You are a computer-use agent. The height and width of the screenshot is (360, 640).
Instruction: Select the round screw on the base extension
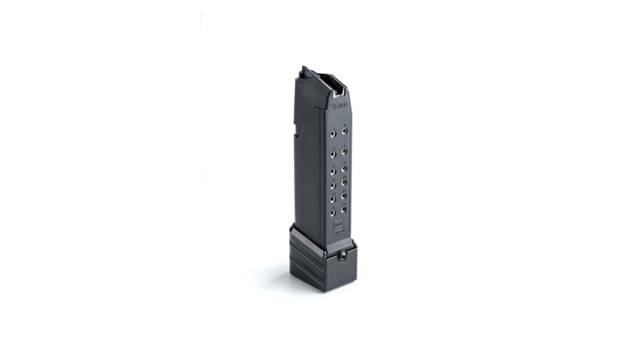(341, 257)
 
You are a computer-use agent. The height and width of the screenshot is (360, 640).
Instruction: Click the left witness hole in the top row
(332, 132)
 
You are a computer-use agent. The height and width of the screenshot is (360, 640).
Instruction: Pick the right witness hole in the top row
(344, 132)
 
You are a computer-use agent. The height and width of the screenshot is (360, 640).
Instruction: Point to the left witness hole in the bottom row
(332, 212)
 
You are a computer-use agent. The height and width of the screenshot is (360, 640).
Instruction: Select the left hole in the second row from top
(332, 152)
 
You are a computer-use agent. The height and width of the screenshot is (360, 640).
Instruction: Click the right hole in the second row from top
(344, 151)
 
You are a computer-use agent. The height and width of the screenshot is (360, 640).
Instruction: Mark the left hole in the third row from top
(332, 170)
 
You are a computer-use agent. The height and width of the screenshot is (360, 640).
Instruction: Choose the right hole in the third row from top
(344, 168)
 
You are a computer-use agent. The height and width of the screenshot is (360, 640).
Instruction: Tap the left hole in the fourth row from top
(332, 185)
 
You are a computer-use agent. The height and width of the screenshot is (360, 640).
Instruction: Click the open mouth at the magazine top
(336, 83)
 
